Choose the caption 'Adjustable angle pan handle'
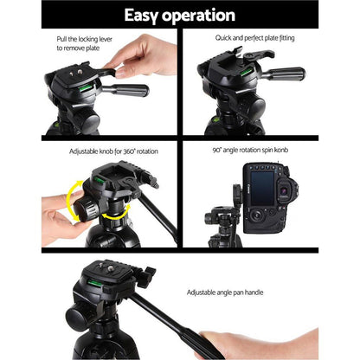247,295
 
